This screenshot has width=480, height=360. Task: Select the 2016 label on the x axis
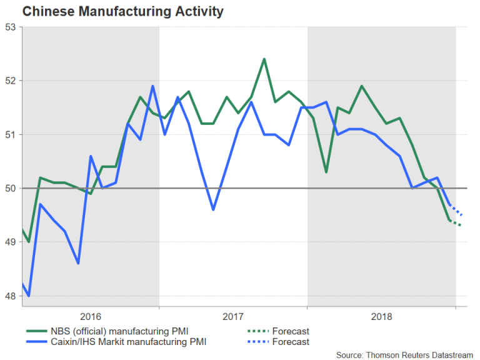[91, 317]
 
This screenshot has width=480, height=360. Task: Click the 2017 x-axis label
[233, 317]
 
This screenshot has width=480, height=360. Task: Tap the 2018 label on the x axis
[381, 317]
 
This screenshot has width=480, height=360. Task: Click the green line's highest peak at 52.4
[264, 59]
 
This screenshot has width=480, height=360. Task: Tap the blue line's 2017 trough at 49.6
[214, 209]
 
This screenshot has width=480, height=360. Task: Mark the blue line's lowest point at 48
[29, 296]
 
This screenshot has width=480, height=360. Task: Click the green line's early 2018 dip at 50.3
[326, 172]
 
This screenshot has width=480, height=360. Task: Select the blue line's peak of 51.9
[152, 86]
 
